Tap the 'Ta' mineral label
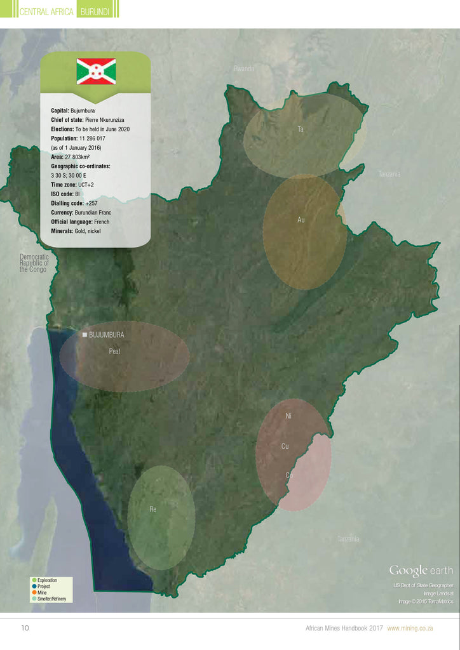(x=301, y=129)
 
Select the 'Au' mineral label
(x=301, y=220)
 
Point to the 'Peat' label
(x=114, y=351)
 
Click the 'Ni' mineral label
(x=288, y=416)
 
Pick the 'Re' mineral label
(x=153, y=509)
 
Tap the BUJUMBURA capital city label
(x=106, y=335)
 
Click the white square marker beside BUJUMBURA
(x=84, y=334)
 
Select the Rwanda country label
(x=244, y=68)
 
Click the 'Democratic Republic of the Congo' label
(x=34, y=263)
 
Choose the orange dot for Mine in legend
(x=34, y=592)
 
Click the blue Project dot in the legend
(x=34, y=587)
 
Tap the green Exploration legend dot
(x=34, y=580)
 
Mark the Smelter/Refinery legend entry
(x=51, y=599)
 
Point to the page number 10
(x=25, y=628)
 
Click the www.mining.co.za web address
(x=410, y=628)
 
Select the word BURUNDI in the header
(x=97, y=11)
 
